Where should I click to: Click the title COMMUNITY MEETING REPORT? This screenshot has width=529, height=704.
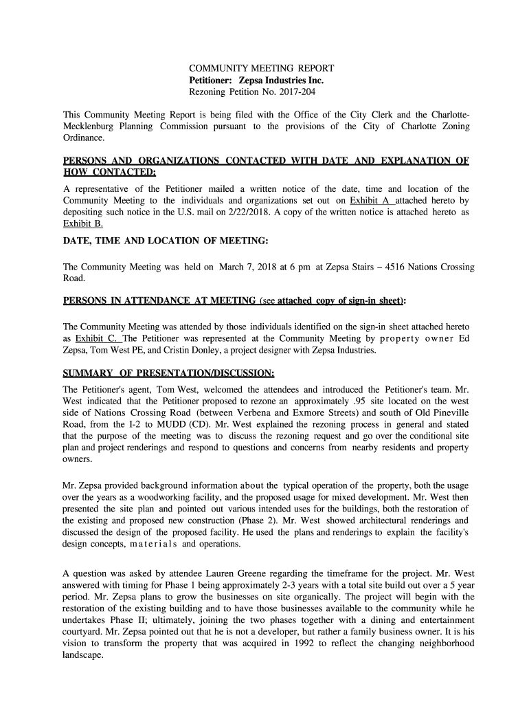click(261, 69)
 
